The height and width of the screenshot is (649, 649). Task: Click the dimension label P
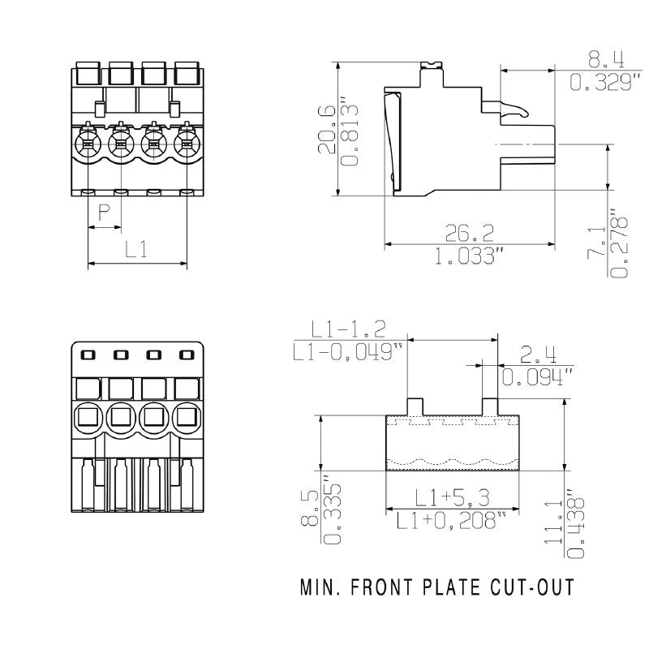[x=104, y=213]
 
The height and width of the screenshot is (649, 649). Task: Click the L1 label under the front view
[x=135, y=250]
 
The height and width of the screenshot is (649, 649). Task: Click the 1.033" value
[x=470, y=257]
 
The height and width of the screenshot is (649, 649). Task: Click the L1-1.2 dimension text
[x=349, y=329]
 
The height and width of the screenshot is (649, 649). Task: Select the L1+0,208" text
[x=451, y=520]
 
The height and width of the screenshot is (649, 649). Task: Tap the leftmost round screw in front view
[x=86, y=146]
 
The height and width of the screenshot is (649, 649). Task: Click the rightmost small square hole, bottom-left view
[x=187, y=355]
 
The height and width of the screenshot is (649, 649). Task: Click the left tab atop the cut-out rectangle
[x=415, y=406]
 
